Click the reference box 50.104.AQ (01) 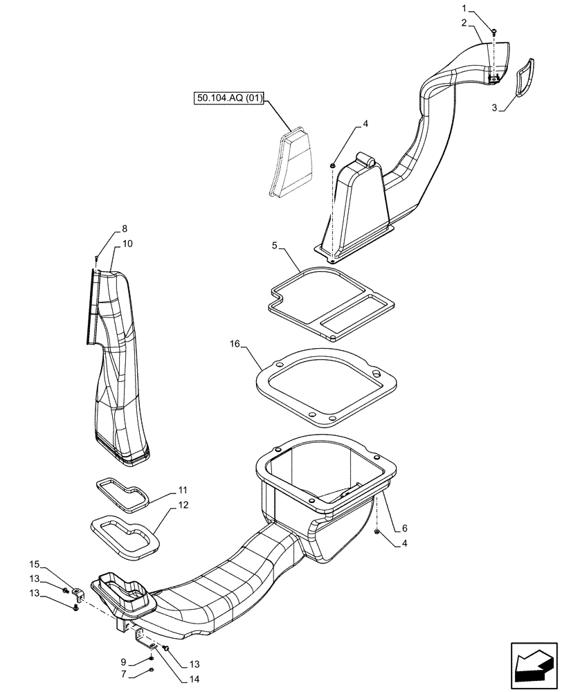(x=230, y=99)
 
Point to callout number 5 (x=275, y=245)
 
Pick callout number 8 (x=124, y=229)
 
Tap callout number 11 (x=182, y=489)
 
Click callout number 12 (x=183, y=505)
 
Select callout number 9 (x=124, y=662)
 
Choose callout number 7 (x=124, y=675)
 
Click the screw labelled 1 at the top (x=493, y=32)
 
